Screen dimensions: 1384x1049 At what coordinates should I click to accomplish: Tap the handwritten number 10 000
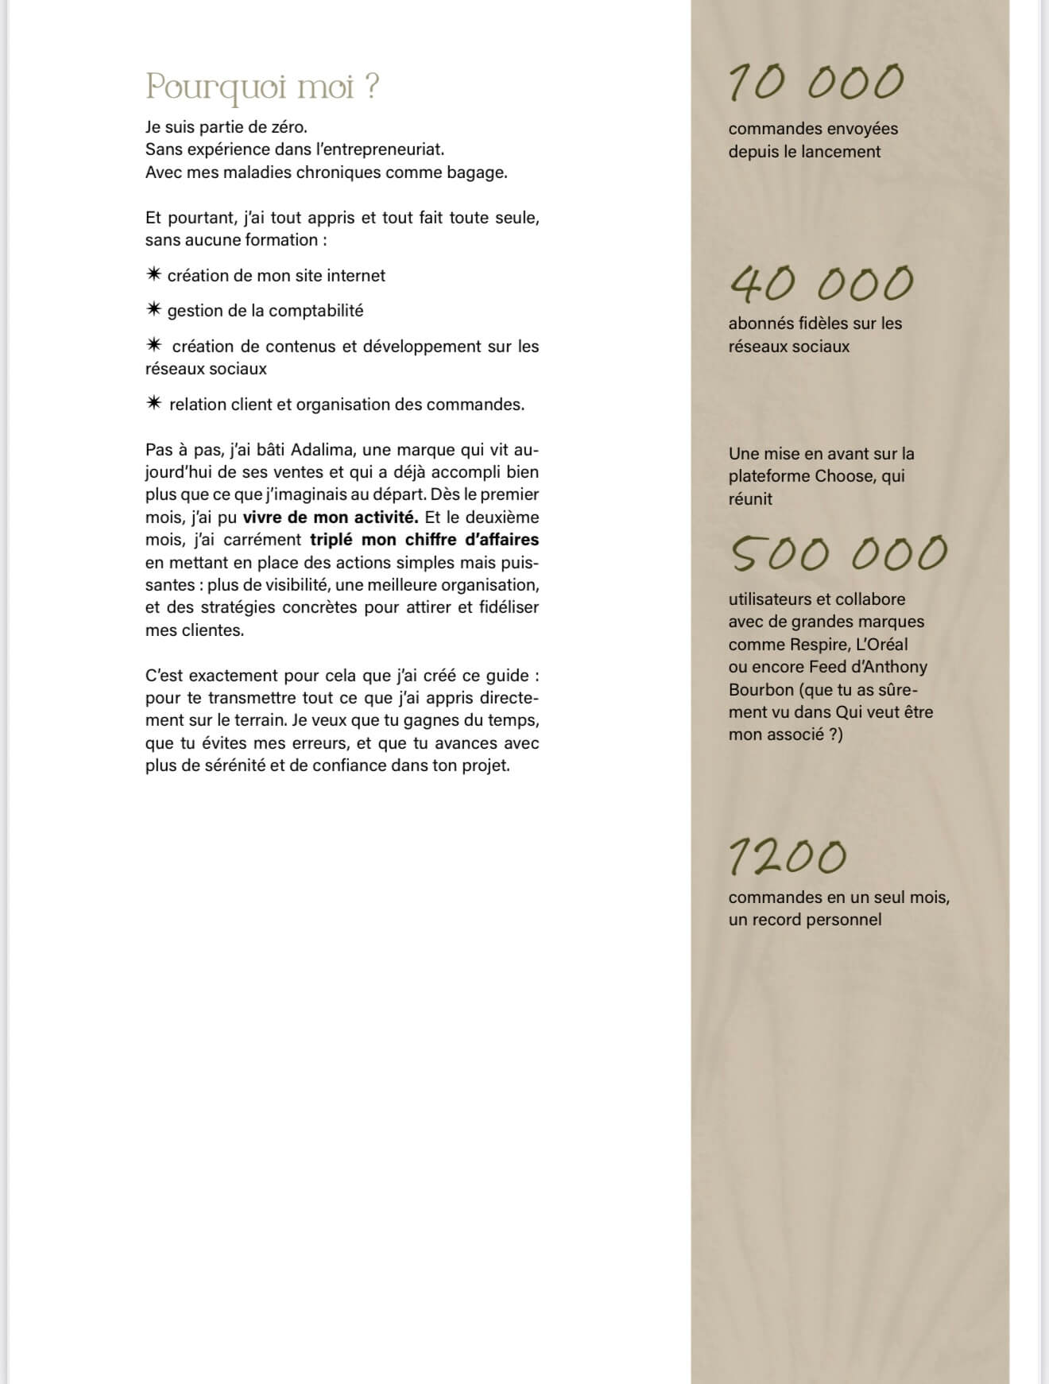816,82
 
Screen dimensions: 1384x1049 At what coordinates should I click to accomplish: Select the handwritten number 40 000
822,284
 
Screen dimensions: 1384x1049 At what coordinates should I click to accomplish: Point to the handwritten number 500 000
838,553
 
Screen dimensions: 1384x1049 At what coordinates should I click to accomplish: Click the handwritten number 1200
788,856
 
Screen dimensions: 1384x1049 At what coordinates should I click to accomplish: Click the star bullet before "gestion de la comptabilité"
154,310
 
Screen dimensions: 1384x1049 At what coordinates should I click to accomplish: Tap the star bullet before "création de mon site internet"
154,274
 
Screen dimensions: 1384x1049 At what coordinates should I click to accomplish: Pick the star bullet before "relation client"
154,403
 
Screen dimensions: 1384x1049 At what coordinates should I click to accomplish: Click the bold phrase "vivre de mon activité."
331,517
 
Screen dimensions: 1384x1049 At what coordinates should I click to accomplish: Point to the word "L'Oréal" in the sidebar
881,644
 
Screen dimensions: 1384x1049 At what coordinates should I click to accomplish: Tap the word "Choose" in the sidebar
852,476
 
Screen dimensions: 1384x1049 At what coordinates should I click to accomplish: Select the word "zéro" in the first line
288,126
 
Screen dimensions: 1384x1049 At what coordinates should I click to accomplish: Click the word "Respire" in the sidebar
819,644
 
